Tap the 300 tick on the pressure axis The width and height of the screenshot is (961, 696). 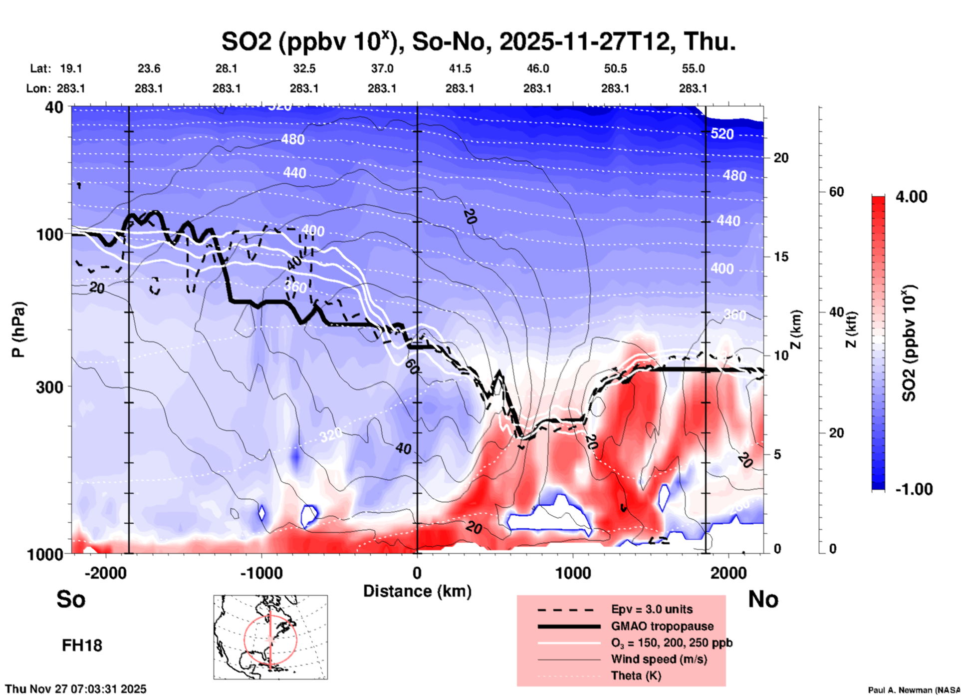pos(50,387)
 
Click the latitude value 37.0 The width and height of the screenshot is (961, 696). pos(382,68)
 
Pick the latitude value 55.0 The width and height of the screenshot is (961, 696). pos(693,68)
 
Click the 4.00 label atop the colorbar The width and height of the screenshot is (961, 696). pos(911,196)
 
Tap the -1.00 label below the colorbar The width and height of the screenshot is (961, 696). pos(914,489)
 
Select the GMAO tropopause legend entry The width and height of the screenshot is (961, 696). pos(662,626)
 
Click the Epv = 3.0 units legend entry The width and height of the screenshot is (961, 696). pos(652,609)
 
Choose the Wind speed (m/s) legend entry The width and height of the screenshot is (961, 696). pos(659,659)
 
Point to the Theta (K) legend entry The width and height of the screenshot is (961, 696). pos(636,676)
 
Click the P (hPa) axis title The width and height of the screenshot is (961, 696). pos(18,330)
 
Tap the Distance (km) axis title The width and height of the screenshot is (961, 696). pos(417,591)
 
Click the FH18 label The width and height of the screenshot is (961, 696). pos(82,646)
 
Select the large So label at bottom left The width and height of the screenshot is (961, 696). pos(71,599)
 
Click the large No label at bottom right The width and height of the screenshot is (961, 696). pos(763,599)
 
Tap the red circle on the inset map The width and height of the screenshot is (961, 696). pos(244,639)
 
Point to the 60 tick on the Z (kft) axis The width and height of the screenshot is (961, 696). pos(836,192)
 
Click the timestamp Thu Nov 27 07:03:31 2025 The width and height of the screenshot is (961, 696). pos(76,689)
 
